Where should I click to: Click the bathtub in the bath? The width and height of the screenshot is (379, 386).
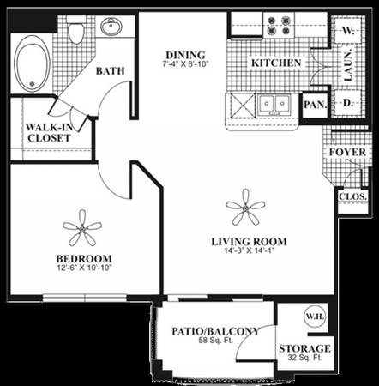point(32,63)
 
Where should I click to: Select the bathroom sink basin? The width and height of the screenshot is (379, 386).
point(111,27)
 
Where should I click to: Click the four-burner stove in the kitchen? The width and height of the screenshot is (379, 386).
point(279,26)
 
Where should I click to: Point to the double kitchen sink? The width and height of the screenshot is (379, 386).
point(274,105)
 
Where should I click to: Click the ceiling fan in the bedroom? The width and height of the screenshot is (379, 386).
point(82,228)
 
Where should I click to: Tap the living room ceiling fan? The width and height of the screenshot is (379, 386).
point(245,208)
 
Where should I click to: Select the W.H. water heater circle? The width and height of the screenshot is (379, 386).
point(315,317)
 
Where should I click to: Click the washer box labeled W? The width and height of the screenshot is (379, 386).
point(347,30)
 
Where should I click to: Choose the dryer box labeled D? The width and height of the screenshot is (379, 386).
point(347,103)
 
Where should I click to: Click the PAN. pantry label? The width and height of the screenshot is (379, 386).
point(316,105)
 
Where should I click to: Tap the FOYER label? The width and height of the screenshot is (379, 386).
point(347,152)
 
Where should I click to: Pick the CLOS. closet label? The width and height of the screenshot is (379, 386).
point(353,196)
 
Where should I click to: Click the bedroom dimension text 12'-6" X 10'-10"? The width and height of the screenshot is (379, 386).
point(84,268)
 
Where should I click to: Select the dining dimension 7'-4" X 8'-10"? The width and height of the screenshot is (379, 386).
point(186,63)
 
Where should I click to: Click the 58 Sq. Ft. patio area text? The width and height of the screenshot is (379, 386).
point(216,341)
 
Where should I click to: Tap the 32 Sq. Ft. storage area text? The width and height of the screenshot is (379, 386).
point(304,358)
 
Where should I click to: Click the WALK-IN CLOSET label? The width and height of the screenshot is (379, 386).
point(49,132)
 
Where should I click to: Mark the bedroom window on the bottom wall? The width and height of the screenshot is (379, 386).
point(85,298)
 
